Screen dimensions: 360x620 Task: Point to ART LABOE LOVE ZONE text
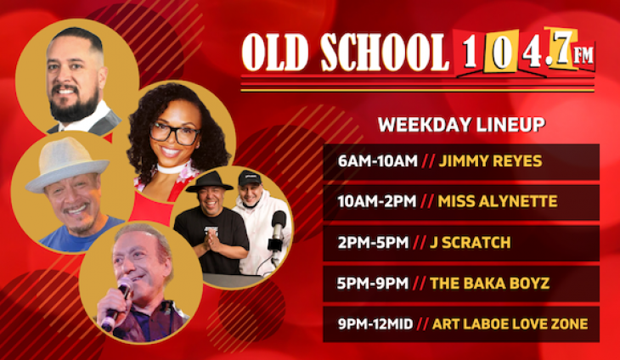tap(510, 323)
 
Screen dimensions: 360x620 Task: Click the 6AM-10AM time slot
tap(370, 162)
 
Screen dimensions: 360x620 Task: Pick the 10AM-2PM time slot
tap(376, 202)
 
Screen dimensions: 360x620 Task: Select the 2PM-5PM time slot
tap(369, 243)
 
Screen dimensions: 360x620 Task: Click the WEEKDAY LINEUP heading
tap(461, 125)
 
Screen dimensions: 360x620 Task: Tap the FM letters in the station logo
tap(583, 55)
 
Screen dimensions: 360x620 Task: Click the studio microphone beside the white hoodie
tap(278, 228)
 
